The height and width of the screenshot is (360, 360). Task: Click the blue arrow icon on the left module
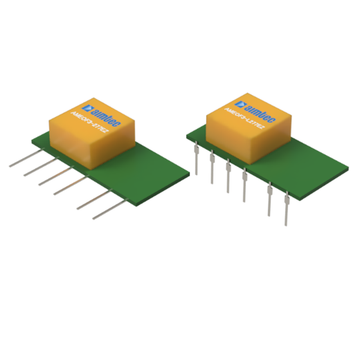click(87, 108)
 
